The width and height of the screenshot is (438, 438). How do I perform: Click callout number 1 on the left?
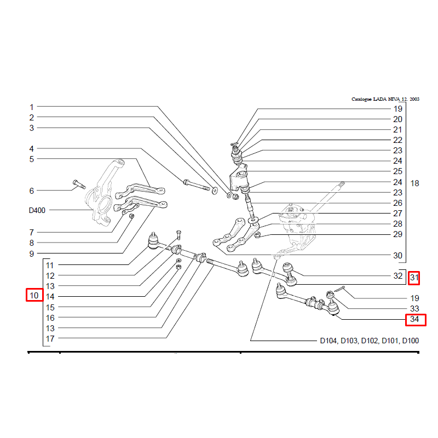[x=32, y=107]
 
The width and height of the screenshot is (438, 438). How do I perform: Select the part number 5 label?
[x=32, y=159]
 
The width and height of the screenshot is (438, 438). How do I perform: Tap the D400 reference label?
[x=38, y=210]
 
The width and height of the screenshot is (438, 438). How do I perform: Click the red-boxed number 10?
[x=34, y=296]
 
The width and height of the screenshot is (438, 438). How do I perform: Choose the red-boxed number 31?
[x=414, y=278]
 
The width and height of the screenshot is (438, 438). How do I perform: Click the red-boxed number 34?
[x=414, y=319]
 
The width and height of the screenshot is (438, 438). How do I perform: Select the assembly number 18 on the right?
[x=414, y=183]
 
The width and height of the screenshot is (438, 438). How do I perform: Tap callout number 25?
[x=397, y=171]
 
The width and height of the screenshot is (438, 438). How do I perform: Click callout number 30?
[x=397, y=256]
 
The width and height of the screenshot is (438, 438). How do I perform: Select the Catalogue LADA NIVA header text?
[x=385, y=100]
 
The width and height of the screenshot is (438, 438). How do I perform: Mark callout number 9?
[x=32, y=254]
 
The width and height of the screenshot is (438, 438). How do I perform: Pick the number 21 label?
[x=397, y=130]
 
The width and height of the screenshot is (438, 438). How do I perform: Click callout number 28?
[x=397, y=224]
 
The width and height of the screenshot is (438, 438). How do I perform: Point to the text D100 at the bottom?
[x=410, y=341]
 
